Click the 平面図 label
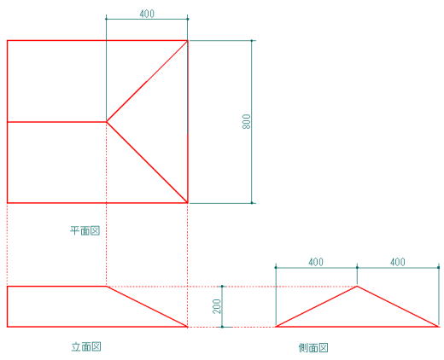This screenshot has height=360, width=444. click(85, 230)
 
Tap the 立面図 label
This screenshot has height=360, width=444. click(86, 346)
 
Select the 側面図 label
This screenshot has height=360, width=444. click(313, 347)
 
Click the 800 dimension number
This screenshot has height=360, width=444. click(247, 121)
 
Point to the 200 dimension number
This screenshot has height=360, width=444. click(217, 306)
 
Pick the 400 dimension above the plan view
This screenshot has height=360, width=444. click(147, 14)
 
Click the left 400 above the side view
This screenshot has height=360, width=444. click(316, 262)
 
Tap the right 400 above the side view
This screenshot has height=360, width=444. click(397, 262)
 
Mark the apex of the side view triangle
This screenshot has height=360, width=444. click(357, 286)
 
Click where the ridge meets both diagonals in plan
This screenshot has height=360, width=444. click(107, 122)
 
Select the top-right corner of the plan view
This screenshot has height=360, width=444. click(188, 41)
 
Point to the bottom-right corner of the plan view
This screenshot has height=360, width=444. click(188, 203)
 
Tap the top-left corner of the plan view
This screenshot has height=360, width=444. click(7, 41)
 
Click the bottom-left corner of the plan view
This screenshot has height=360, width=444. click(7, 203)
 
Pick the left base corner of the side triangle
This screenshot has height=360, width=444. click(276, 327)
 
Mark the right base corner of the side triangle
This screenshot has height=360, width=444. click(438, 327)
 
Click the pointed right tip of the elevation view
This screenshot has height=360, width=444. click(188, 327)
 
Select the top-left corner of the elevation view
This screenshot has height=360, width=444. click(7, 287)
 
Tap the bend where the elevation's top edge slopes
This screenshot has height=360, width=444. click(107, 287)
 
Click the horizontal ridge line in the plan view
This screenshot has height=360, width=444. click(57, 122)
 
